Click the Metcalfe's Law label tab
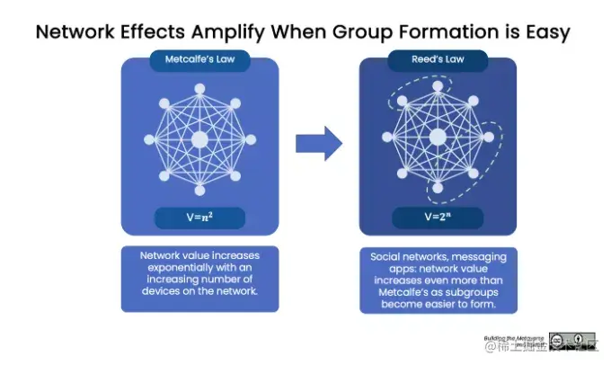point(199,63)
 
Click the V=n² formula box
point(199,217)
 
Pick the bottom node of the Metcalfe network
point(199,190)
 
